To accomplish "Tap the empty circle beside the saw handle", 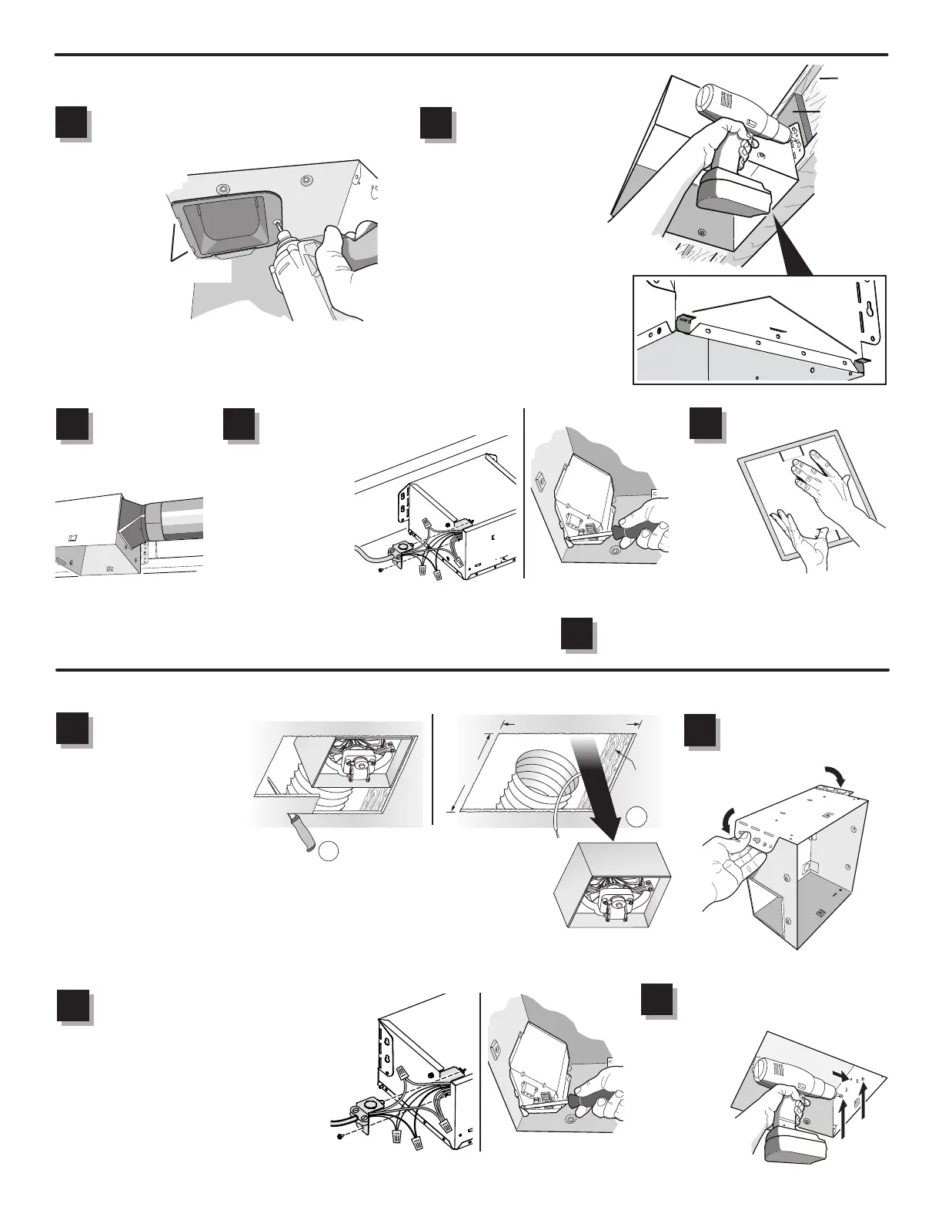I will (x=329, y=850).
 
